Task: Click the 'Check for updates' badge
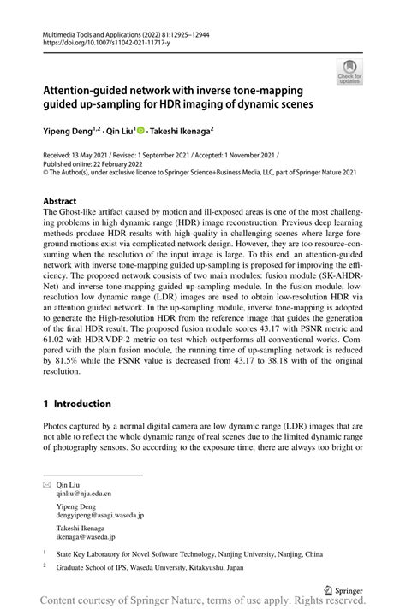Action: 351,72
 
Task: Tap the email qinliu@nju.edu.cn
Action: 84,494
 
